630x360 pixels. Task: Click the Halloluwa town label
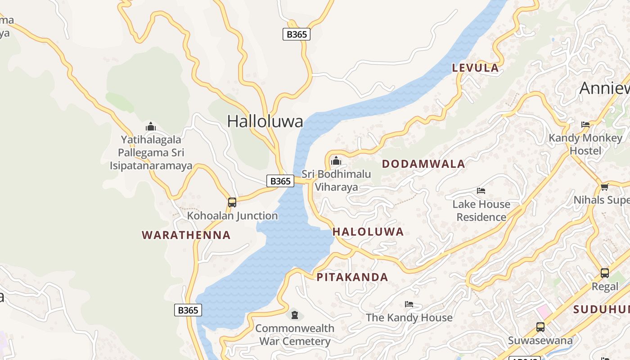pyautogui.click(x=265, y=121)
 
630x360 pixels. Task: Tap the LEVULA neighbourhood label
pyautogui.click(x=475, y=68)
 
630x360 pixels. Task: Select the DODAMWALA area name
pyautogui.click(x=423, y=164)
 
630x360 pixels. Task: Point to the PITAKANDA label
pyautogui.click(x=352, y=277)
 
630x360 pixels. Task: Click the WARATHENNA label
pyautogui.click(x=186, y=235)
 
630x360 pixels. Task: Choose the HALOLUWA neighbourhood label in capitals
pyautogui.click(x=368, y=232)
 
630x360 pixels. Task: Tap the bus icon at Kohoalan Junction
pyautogui.click(x=232, y=202)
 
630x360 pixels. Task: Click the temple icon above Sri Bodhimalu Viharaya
pyautogui.click(x=336, y=161)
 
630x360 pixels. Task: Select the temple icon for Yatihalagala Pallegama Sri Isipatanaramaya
pyautogui.click(x=151, y=126)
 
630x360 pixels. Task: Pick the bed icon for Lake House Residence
pyautogui.click(x=481, y=191)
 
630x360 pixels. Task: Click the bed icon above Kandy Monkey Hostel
pyautogui.click(x=585, y=125)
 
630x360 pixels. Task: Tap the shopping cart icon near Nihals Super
pyautogui.click(x=604, y=187)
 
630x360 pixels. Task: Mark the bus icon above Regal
pyautogui.click(x=605, y=273)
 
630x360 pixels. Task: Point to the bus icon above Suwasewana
pyautogui.click(x=540, y=327)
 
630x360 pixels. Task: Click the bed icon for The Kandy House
pyautogui.click(x=409, y=304)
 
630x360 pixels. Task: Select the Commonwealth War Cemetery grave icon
pyautogui.click(x=295, y=315)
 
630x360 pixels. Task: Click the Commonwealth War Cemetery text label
pyautogui.click(x=295, y=335)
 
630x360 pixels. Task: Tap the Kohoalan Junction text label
pyautogui.click(x=232, y=216)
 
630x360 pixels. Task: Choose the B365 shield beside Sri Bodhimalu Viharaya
pyautogui.click(x=280, y=181)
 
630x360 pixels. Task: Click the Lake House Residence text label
pyautogui.click(x=481, y=211)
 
